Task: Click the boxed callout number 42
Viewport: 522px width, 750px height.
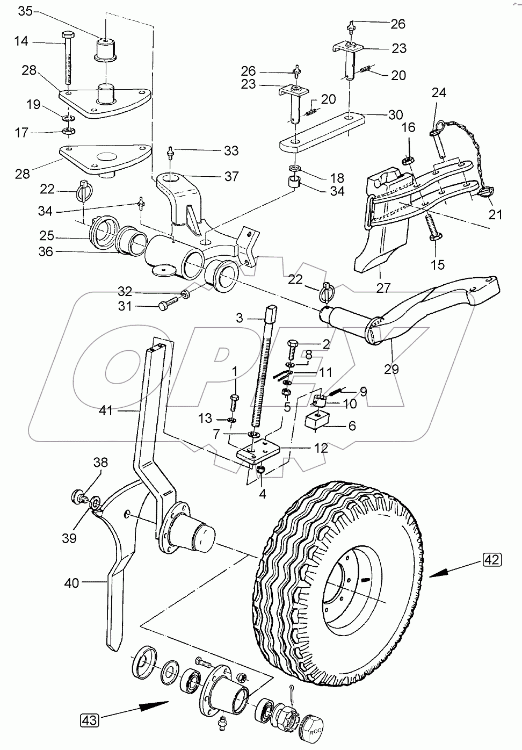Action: pos(492,560)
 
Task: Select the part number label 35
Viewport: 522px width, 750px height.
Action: pos(25,10)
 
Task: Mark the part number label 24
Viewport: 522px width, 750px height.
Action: pos(439,93)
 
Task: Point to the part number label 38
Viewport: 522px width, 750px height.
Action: pos(101,462)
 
